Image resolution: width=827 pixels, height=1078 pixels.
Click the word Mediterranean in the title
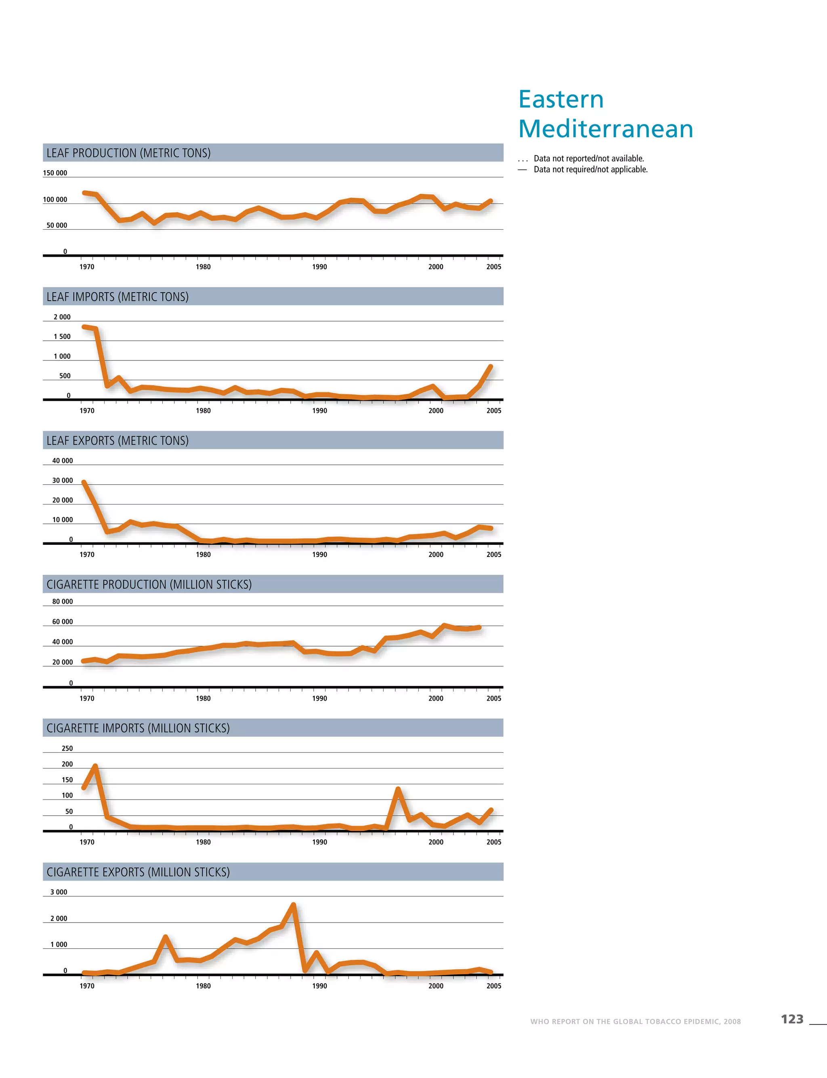pos(605,130)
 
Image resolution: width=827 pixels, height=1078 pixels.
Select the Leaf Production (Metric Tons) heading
pos(128,153)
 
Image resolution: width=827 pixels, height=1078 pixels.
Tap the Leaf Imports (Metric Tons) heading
pos(117,297)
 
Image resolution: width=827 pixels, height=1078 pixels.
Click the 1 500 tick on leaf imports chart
pos(62,337)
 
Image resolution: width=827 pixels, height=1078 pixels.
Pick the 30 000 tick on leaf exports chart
pos(63,481)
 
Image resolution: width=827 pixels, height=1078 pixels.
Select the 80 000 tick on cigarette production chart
pos(63,602)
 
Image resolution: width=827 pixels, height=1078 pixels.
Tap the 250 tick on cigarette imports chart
pos(67,748)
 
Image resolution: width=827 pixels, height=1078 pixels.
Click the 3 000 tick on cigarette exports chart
pos(59,892)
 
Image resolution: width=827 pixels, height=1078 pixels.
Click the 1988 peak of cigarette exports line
pos(294,905)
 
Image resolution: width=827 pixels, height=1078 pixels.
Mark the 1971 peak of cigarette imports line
pos(95,766)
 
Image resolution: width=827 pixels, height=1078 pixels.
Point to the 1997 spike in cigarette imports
pos(398,790)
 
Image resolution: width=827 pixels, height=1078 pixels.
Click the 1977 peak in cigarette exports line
pos(166,937)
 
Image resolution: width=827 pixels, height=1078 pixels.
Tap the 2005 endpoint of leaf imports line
pos(490,366)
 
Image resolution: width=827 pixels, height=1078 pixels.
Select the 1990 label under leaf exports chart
pos(319,555)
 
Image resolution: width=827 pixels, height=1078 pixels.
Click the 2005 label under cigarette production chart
pos(494,698)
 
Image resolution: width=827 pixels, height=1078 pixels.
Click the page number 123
pos(792,1019)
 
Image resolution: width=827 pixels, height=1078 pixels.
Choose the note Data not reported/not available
pos(589,159)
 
